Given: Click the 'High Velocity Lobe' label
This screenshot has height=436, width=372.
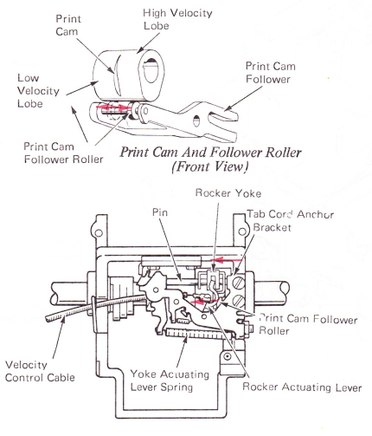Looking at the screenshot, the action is click(x=177, y=19).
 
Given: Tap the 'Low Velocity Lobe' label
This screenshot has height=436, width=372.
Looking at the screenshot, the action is click(x=38, y=91).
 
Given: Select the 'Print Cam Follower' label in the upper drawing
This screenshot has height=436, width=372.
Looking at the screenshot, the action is click(x=271, y=73).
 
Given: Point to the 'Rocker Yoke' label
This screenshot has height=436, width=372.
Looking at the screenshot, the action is click(x=228, y=193).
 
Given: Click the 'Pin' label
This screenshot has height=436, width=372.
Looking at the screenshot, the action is click(x=160, y=212).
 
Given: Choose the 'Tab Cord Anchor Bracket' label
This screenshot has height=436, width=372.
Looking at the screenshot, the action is click(x=290, y=221).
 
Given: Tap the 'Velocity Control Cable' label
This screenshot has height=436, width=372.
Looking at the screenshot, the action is click(x=40, y=371).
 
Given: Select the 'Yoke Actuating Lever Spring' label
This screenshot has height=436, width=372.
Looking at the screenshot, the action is click(x=170, y=381).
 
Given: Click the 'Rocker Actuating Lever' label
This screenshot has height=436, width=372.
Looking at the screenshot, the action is click(x=302, y=387).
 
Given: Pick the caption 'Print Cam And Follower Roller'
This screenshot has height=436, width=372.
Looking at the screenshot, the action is click(x=210, y=153).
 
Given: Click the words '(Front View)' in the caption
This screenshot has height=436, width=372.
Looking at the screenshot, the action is click(x=210, y=166).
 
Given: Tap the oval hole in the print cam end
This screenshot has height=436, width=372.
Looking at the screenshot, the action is click(x=151, y=71).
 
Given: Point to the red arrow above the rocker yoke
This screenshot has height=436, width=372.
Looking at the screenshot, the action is click(x=227, y=260).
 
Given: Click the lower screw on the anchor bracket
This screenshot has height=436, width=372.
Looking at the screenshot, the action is click(x=239, y=302).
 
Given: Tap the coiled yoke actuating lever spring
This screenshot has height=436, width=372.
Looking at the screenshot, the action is click(x=198, y=334).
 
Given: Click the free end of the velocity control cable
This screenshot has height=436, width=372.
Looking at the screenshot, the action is click(x=48, y=319).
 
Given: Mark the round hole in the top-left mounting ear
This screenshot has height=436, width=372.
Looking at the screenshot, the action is click(x=99, y=232).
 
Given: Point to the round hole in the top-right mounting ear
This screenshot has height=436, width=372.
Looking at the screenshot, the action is click(x=242, y=231).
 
